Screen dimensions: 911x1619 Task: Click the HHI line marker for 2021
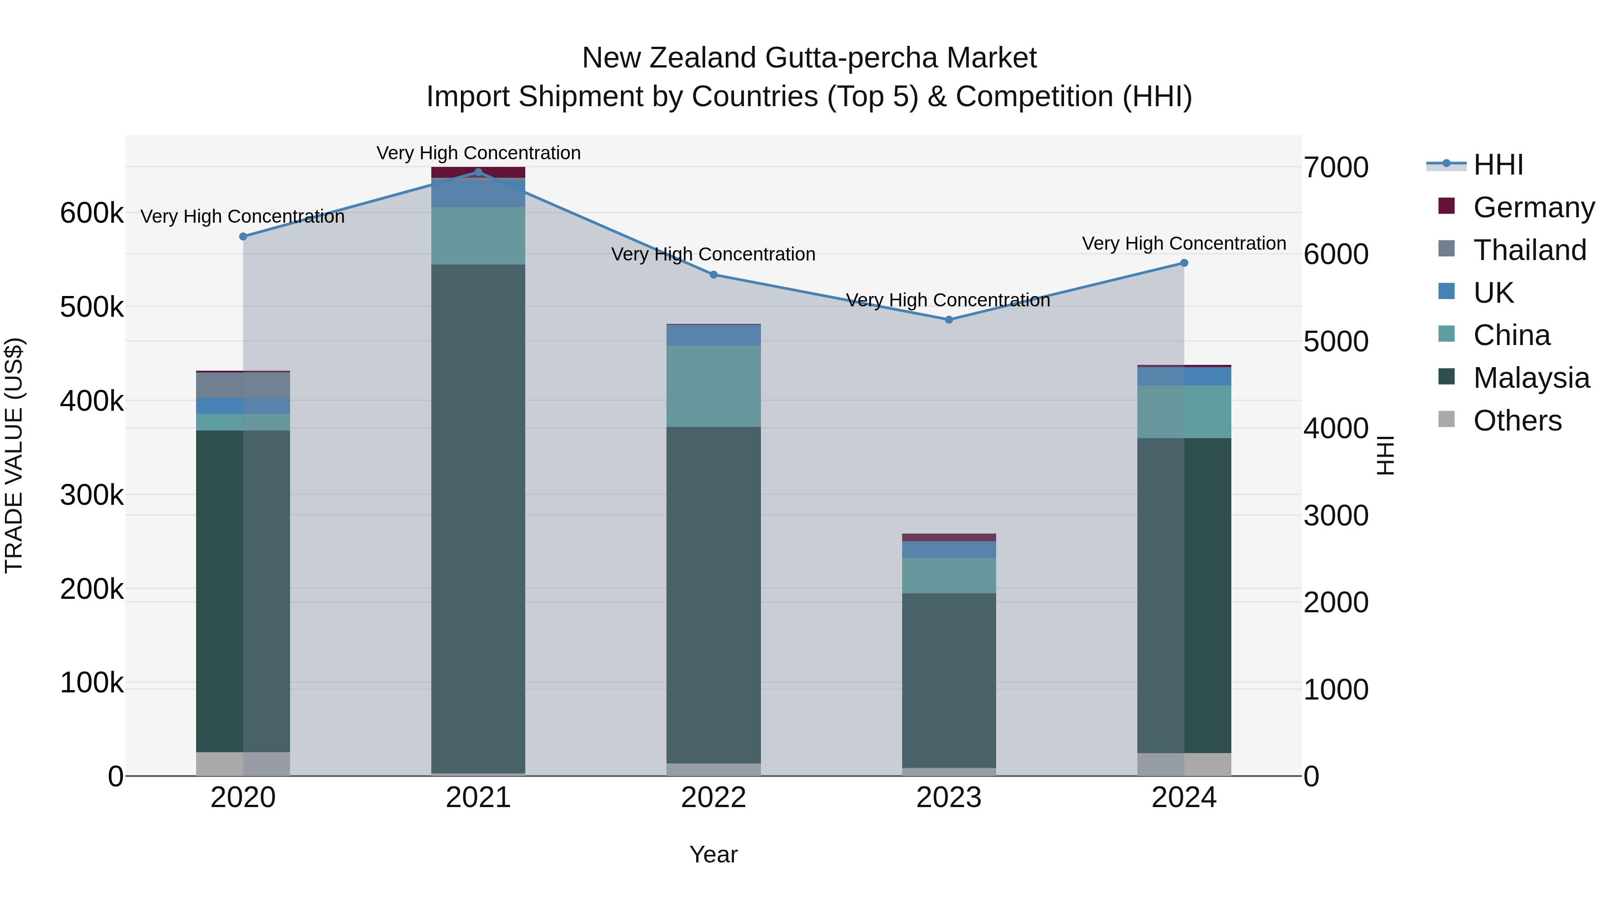click(479, 172)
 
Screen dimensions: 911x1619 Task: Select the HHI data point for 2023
click(949, 319)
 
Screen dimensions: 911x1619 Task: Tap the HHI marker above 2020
click(243, 236)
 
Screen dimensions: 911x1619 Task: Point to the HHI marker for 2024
click(1184, 263)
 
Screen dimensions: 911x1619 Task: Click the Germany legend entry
click(1534, 207)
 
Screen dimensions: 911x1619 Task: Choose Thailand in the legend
click(1530, 250)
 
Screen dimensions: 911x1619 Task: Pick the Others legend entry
click(1517, 421)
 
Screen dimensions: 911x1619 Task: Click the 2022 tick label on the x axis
click(713, 798)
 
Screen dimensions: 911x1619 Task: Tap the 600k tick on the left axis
click(92, 213)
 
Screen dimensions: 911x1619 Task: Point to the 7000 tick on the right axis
click(1336, 167)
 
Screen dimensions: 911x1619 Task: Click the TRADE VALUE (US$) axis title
click(14, 455)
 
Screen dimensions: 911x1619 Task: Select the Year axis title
click(713, 854)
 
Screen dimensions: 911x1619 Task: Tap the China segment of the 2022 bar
click(713, 386)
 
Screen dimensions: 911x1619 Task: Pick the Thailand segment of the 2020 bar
click(243, 385)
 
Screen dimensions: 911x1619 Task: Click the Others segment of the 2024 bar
click(1184, 764)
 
